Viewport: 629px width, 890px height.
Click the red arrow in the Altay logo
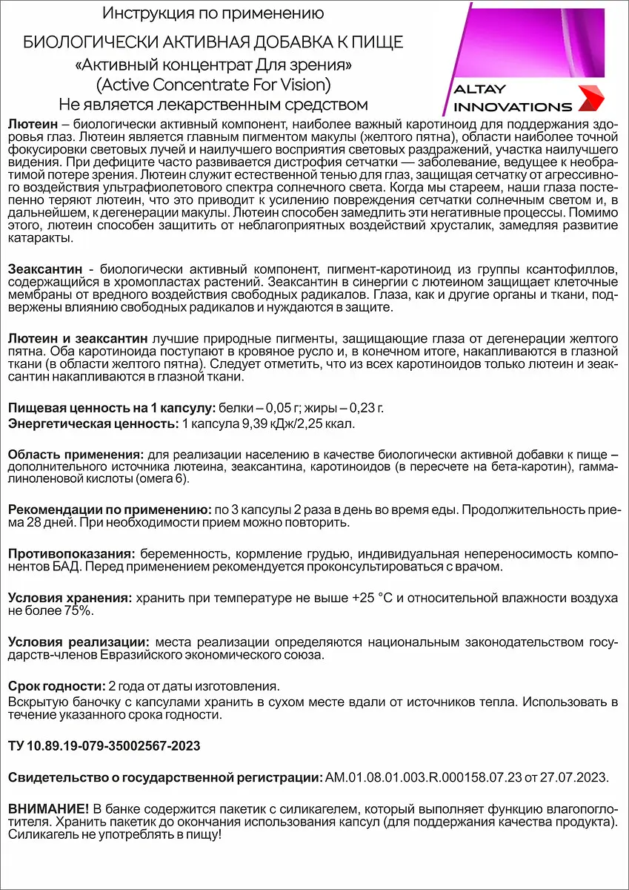pos(590,97)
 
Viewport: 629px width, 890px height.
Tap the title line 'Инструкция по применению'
pos(213,13)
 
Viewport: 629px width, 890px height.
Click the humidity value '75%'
pos(75,610)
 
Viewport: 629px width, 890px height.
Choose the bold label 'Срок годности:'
pos(56,685)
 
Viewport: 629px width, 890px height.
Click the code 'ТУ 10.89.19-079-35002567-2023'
pos(104,745)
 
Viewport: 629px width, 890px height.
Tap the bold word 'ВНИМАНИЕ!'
pos(48,808)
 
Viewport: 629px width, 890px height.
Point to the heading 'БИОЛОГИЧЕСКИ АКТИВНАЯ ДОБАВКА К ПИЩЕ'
pos(213,42)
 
